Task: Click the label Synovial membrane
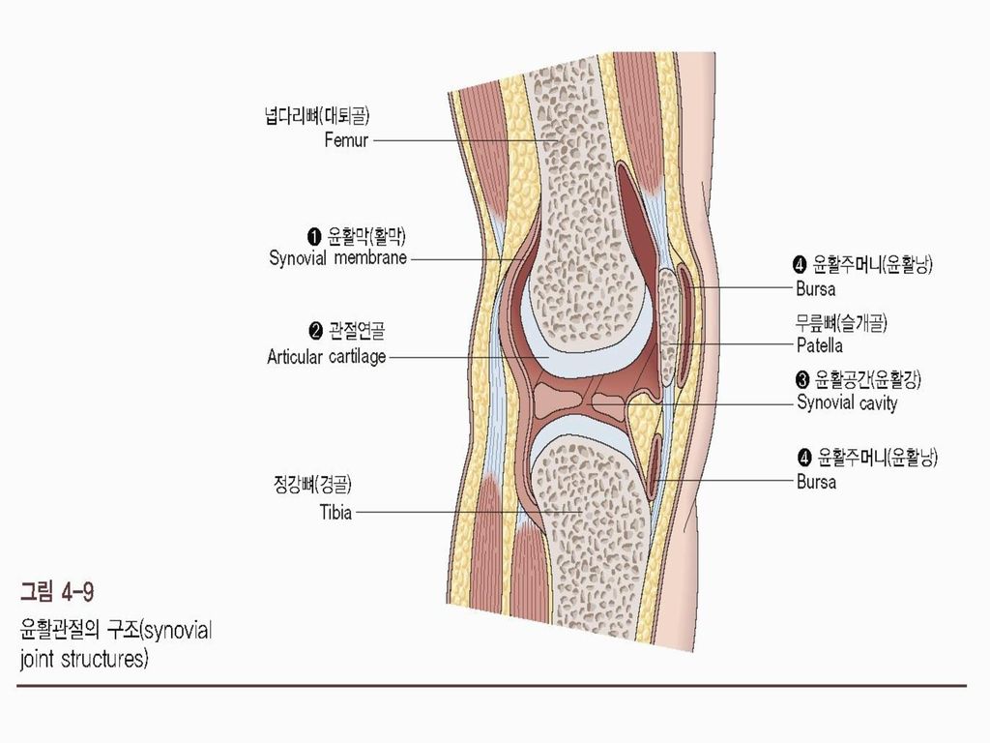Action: pos(337,258)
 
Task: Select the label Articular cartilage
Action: pos(327,357)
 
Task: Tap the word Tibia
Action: pos(335,512)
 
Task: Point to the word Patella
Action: pos(820,344)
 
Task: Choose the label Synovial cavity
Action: pos(847,402)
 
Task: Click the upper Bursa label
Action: pos(816,288)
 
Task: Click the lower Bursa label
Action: pos(816,481)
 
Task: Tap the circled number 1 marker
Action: pos(314,235)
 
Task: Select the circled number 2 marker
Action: pos(314,334)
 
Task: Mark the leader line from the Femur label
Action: pos(454,140)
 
